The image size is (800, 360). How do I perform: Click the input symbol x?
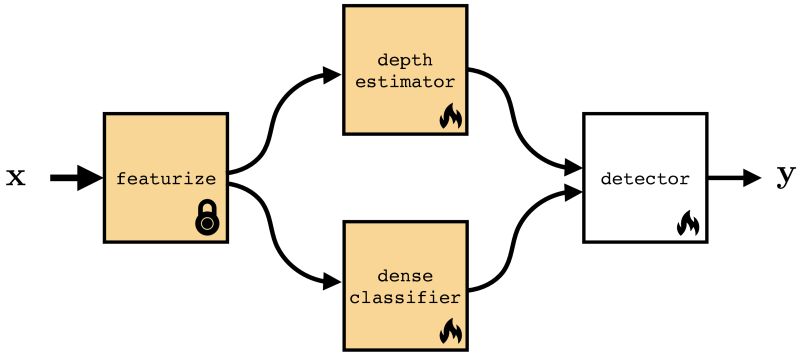pyautogui.click(x=16, y=178)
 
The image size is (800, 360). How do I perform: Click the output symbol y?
pyautogui.click(x=785, y=176)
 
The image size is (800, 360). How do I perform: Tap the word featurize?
pyautogui.click(x=166, y=179)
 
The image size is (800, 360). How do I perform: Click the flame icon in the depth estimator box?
pyautogui.click(x=450, y=118)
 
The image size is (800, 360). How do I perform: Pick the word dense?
pyautogui.click(x=405, y=275)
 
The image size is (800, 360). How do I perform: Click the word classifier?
pyautogui.click(x=405, y=296)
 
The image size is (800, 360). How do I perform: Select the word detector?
pyautogui.click(x=645, y=179)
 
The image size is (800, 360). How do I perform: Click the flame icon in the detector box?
pyautogui.click(x=687, y=223)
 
